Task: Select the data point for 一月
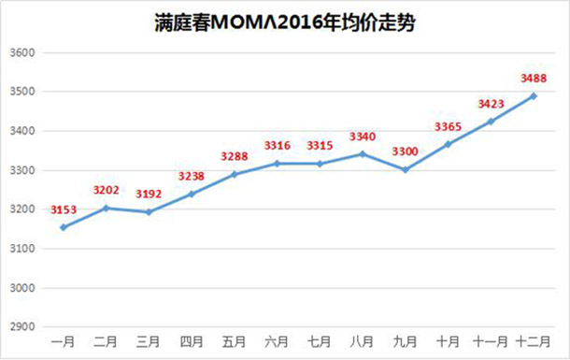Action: [x=62, y=227]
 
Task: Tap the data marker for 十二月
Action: [x=534, y=95]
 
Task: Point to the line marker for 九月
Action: [x=405, y=169]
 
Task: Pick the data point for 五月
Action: [x=234, y=174]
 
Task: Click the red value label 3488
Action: [x=533, y=79]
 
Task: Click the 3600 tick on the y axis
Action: [x=21, y=52]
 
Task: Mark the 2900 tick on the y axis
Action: [x=21, y=327]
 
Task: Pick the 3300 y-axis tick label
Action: [x=21, y=170]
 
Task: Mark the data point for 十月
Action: [x=448, y=144]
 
